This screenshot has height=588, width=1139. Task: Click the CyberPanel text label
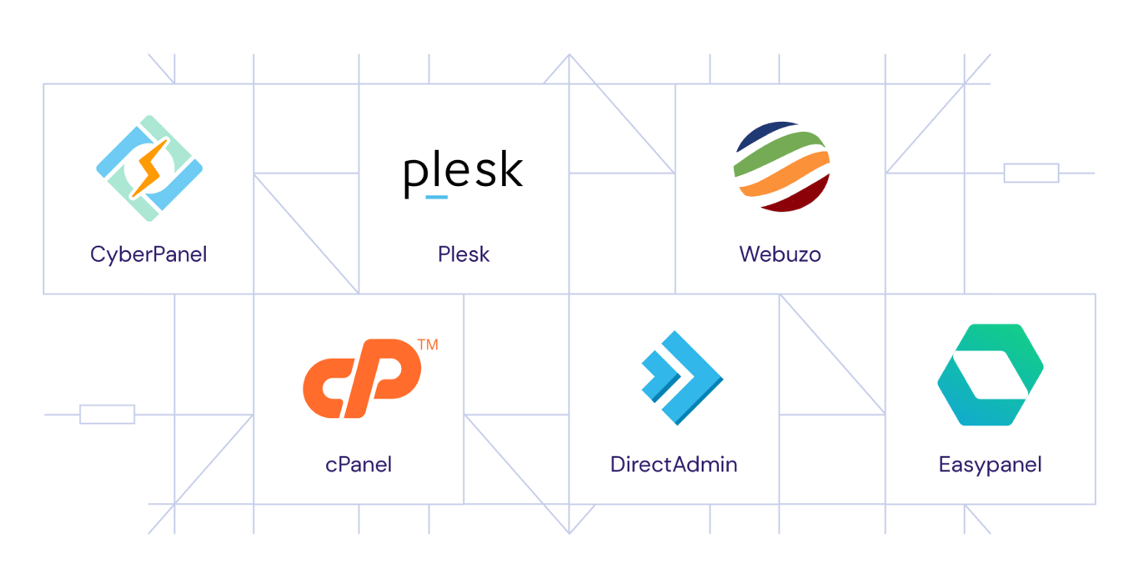(148, 254)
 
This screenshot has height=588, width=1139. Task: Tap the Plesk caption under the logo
(464, 254)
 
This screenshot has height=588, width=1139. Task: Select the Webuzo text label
(780, 254)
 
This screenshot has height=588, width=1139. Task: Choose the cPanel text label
(359, 465)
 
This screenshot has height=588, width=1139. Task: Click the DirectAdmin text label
(674, 465)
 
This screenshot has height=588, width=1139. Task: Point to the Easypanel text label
(990, 465)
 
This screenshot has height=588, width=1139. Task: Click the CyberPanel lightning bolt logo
(149, 168)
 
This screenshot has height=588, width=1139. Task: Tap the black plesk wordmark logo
(464, 173)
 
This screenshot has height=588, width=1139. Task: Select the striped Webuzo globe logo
(781, 167)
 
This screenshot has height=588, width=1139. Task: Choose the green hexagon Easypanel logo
(990, 375)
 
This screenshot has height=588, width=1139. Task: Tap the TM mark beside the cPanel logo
(428, 344)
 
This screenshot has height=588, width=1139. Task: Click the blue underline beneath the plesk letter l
(436, 198)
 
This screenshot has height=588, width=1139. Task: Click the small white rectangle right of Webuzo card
(1031, 173)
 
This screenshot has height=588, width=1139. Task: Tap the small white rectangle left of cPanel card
(107, 414)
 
